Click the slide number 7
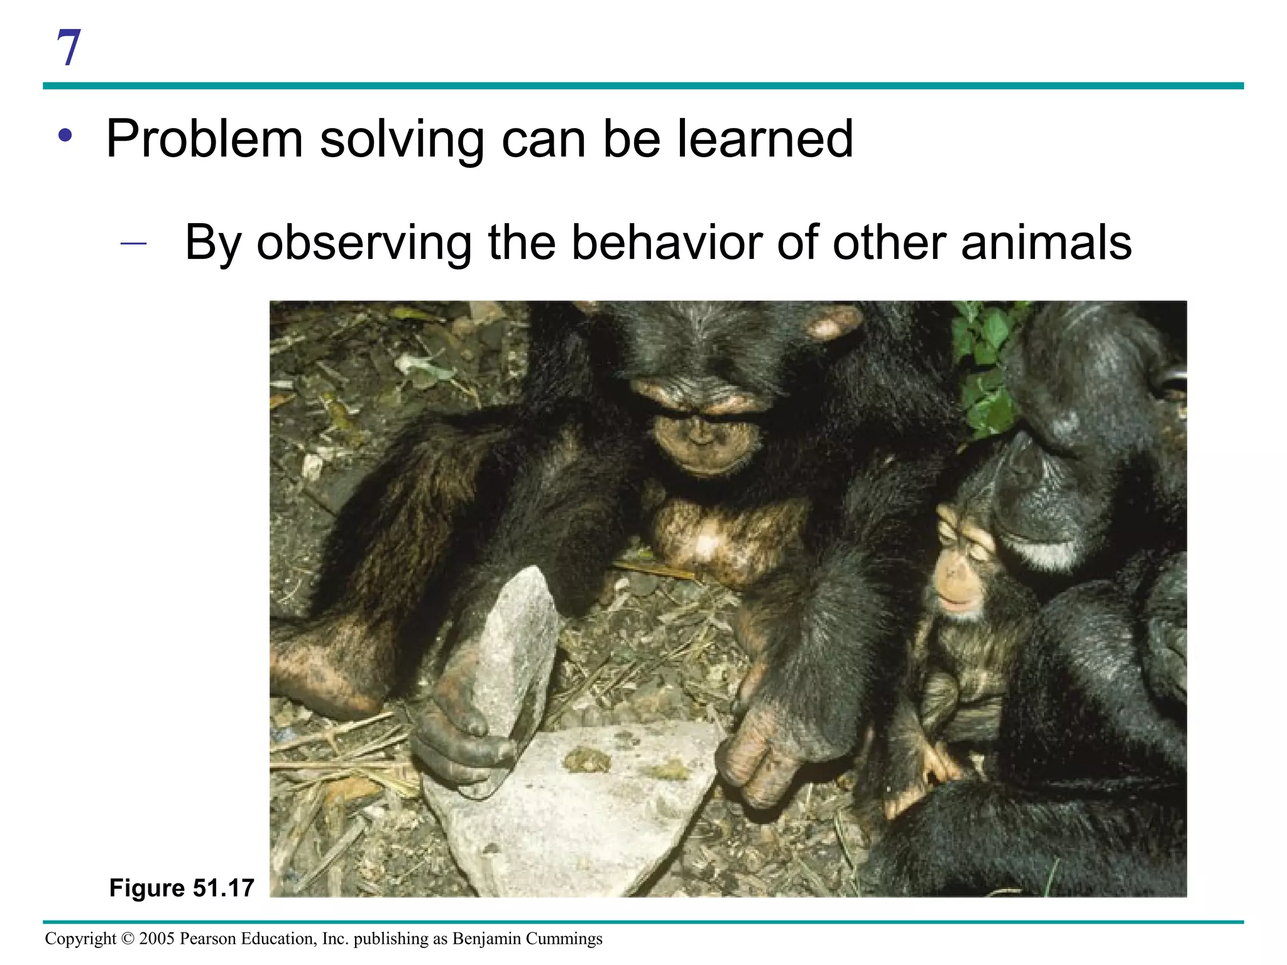[x=69, y=48]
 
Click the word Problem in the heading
[x=205, y=139]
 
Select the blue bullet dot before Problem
[x=65, y=135]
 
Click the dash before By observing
[x=133, y=243]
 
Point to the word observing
[x=364, y=243]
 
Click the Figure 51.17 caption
[x=182, y=888]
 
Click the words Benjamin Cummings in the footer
[x=527, y=939]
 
